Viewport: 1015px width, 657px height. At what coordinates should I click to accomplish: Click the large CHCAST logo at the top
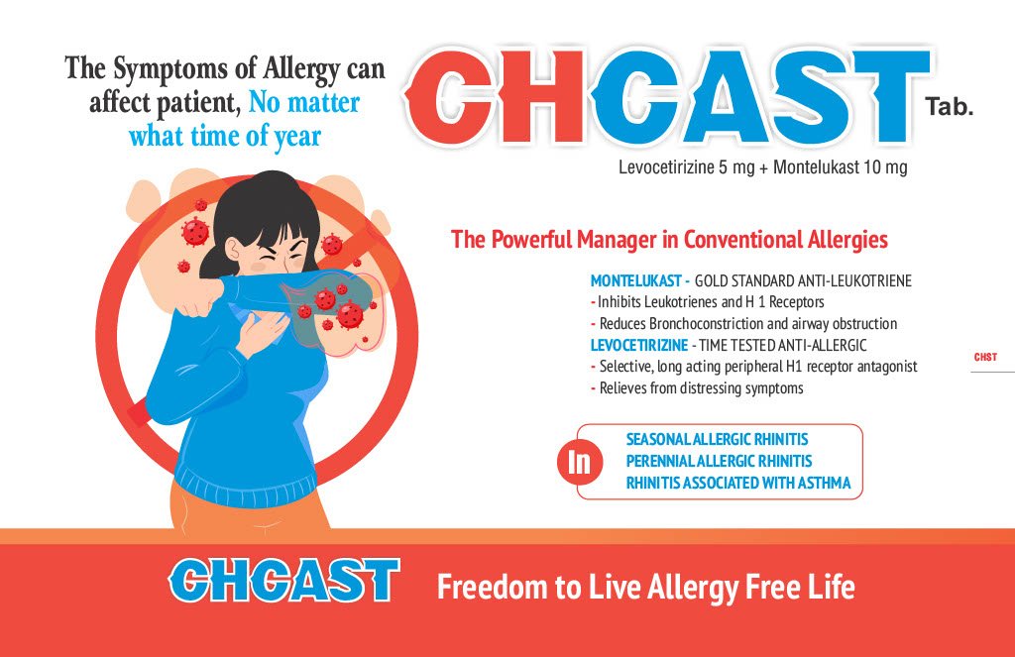coord(668,97)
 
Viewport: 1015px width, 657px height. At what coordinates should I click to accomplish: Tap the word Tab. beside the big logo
coord(949,106)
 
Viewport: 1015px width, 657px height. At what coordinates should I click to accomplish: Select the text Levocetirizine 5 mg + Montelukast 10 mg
coord(762,167)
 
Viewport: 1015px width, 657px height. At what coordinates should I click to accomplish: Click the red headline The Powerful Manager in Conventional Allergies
coord(669,240)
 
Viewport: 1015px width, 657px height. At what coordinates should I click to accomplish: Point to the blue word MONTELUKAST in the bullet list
coord(635,280)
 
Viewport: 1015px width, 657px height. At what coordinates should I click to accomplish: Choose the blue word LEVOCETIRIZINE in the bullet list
coord(639,346)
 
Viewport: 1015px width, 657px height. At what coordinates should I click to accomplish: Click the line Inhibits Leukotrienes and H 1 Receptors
coord(711,302)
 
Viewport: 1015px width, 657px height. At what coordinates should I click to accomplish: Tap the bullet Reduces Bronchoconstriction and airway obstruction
coord(747,324)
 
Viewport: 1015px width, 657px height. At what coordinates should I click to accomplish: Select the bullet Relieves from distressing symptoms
coord(701,388)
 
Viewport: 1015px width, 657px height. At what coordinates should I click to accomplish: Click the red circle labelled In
coord(580,462)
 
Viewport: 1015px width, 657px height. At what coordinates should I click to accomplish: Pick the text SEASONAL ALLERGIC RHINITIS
coord(717,440)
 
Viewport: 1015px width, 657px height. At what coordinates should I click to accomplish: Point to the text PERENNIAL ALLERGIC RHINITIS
coord(719,462)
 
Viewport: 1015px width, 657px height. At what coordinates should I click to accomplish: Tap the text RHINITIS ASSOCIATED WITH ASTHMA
coord(737,483)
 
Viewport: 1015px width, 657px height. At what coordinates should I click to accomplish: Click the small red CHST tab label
coord(985,358)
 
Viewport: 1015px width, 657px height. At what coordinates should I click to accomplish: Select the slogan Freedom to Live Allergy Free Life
coord(646,588)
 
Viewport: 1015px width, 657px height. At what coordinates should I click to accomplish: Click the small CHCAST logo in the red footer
coord(283,581)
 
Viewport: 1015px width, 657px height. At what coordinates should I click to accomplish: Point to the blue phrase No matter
coord(304,102)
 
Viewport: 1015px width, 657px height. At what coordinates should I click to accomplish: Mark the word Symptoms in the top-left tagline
coord(170,70)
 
